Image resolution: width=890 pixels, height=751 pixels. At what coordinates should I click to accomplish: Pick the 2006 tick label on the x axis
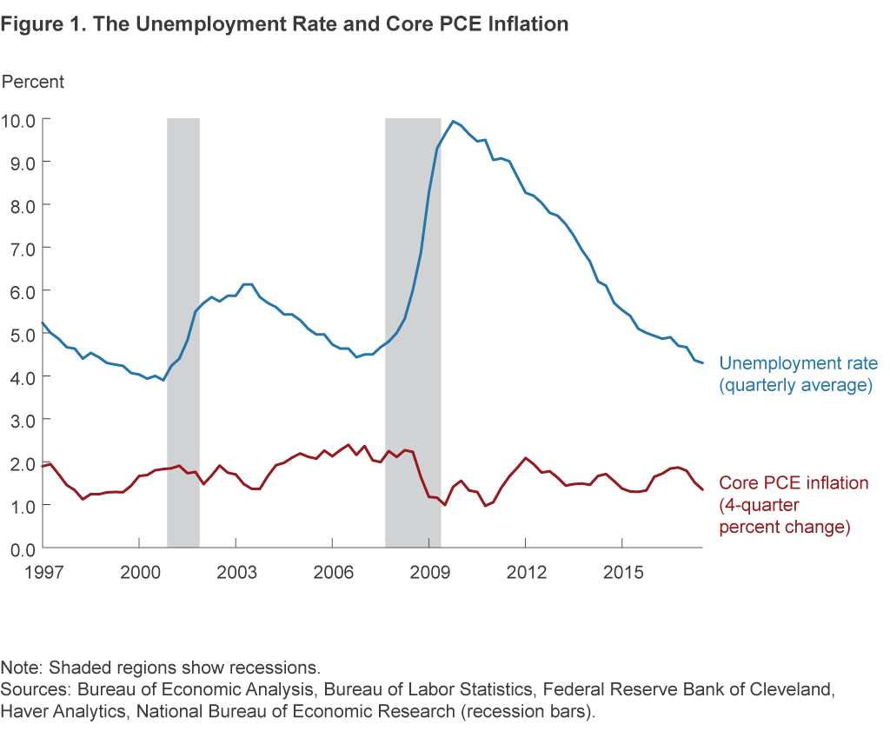point(333,573)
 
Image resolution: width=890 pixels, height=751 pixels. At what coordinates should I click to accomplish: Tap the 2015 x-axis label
point(622,573)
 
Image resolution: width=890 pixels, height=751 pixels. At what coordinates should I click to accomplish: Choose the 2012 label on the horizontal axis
point(526,573)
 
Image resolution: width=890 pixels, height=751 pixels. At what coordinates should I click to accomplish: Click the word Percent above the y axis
point(33,82)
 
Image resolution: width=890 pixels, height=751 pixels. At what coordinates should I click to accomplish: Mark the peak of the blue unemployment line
point(453,122)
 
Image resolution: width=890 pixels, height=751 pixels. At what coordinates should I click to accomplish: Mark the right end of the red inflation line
point(702,490)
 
